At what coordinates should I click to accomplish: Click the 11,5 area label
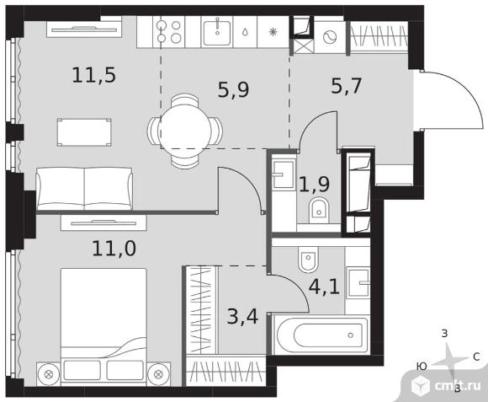point(93,76)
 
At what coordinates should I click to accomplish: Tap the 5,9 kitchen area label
point(233,89)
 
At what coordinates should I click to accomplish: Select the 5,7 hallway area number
point(346,86)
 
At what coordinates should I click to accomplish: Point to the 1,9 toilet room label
point(315,184)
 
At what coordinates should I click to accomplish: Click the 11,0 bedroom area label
point(114,249)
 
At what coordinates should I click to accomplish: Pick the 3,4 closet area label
point(242,317)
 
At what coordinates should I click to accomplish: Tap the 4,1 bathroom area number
point(324,287)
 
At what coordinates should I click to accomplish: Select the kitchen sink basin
point(217,32)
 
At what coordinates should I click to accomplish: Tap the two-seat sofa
point(84,189)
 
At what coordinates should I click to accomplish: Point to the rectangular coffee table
point(84,132)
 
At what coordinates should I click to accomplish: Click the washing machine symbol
point(330,38)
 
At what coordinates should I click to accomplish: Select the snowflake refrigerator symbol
point(273,32)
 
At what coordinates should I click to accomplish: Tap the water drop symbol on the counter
point(245,32)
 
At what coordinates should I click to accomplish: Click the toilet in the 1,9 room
point(319,211)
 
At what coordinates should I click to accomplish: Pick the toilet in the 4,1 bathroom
point(308,260)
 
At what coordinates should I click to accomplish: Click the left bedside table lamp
point(48,374)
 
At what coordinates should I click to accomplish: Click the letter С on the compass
point(476,356)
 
